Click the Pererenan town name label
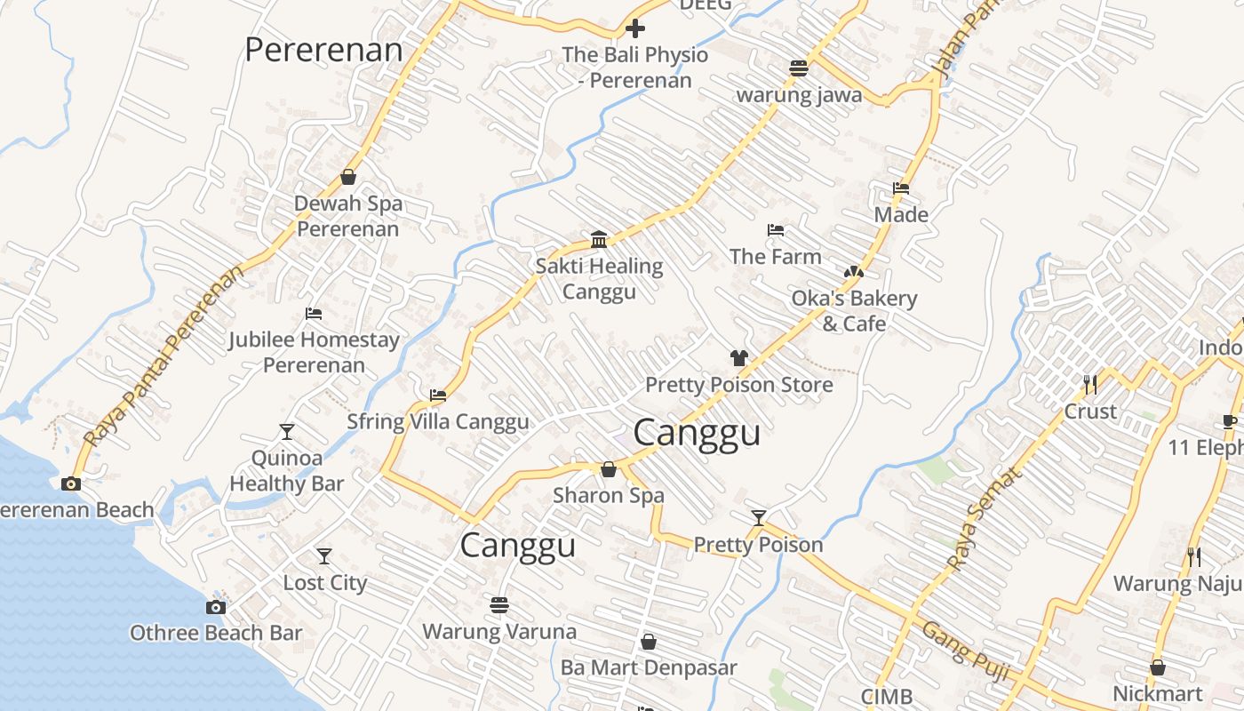click(x=323, y=50)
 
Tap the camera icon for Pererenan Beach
click(x=71, y=483)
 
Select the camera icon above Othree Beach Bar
click(x=215, y=607)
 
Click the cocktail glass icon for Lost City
click(x=324, y=556)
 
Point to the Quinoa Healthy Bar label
click(x=286, y=471)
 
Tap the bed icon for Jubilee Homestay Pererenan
click(x=313, y=314)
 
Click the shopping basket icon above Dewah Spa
click(x=348, y=177)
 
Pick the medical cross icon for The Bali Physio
click(x=635, y=28)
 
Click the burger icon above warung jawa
click(x=799, y=68)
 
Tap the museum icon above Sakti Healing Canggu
click(x=599, y=240)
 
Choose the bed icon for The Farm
click(x=775, y=230)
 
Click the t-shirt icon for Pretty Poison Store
click(x=738, y=358)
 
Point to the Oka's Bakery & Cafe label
click(x=854, y=311)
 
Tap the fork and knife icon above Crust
click(x=1090, y=385)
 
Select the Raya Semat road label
click(x=985, y=518)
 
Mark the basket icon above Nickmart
click(x=1158, y=667)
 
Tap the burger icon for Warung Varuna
click(x=499, y=605)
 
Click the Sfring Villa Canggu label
click(x=437, y=421)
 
